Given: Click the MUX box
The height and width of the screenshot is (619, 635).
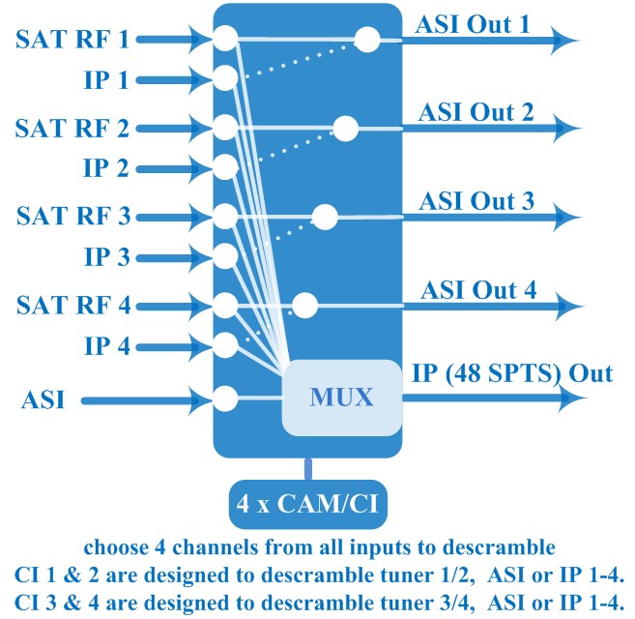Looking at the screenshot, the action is [342, 398].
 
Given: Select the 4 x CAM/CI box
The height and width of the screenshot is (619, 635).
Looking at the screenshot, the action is [308, 504].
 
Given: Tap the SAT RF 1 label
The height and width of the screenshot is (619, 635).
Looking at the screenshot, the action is [72, 40].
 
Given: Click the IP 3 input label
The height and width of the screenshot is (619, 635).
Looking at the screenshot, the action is [107, 257].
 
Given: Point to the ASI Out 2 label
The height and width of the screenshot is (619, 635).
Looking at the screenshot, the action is [476, 112].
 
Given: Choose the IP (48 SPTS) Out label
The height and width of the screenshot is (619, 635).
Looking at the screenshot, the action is [512, 373].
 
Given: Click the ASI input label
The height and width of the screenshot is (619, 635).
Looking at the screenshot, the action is [43, 399].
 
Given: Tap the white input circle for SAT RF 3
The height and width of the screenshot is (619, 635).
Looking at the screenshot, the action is [225, 217].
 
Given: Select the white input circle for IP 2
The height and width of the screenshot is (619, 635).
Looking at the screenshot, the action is [225, 167].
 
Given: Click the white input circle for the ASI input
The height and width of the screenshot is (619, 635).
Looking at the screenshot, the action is [225, 398].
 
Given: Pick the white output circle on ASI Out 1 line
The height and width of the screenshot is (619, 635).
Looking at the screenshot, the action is [367, 40].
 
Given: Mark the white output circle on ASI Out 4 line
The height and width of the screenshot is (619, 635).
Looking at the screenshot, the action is [305, 305].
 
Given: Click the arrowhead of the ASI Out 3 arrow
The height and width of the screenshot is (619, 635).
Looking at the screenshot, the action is [567, 218].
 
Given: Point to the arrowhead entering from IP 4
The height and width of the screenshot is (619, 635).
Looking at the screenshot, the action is [199, 347].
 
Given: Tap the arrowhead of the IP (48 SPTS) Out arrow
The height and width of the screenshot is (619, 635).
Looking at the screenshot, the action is [572, 398].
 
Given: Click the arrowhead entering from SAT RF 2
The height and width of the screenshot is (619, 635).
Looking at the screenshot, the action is [199, 129].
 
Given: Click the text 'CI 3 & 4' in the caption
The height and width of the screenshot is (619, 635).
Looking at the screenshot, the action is [56, 603].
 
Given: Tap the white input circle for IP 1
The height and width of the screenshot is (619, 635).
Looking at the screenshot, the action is [225, 77].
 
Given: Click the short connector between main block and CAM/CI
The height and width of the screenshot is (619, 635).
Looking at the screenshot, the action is [308, 469].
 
